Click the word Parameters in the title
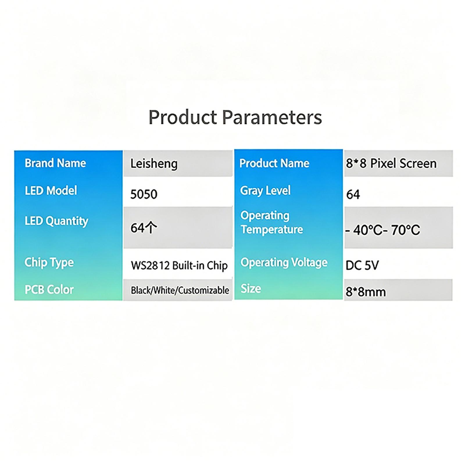point(272,117)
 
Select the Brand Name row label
point(55,163)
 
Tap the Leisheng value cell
point(154,164)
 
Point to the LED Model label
point(51,191)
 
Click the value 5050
point(144,194)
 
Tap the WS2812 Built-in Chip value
point(179,266)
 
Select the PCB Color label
point(49,290)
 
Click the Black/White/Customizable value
point(180,290)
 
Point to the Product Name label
point(274,163)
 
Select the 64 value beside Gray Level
point(353,194)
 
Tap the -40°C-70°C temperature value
point(382,230)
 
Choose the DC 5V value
point(362,265)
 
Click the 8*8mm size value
point(366,292)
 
